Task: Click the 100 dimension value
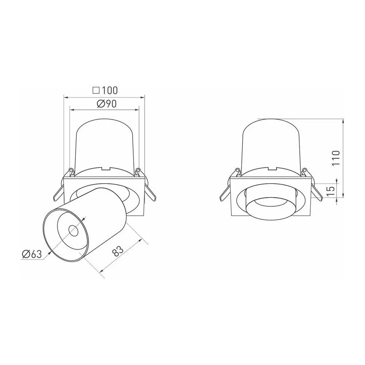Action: [109, 90]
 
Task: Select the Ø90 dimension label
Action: [107, 104]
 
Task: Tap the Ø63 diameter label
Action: [32, 254]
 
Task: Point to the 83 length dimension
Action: [118, 251]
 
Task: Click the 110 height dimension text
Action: [336, 158]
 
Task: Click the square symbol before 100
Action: [96, 90]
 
